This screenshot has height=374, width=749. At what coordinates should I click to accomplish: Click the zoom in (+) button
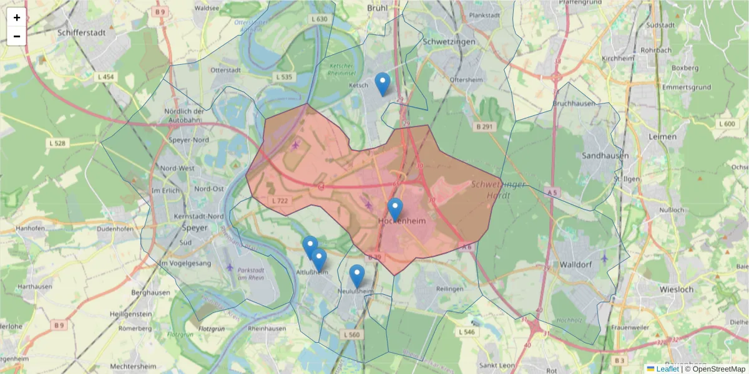pos(17,17)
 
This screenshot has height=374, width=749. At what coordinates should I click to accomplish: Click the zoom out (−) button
pos(17,36)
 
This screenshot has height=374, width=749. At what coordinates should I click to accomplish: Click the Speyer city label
pos(195,228)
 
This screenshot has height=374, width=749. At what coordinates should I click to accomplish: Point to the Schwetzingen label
pos(449,42)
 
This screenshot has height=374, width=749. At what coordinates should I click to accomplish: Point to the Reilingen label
pos(449,289)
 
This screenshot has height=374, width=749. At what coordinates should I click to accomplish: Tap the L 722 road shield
pos(280,201)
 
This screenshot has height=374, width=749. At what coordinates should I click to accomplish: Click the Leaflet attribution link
pos(667,369)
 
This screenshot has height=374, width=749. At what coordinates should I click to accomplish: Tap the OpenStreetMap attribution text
pos(718,369)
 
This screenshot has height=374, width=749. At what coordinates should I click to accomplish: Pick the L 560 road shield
pos(351,335)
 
